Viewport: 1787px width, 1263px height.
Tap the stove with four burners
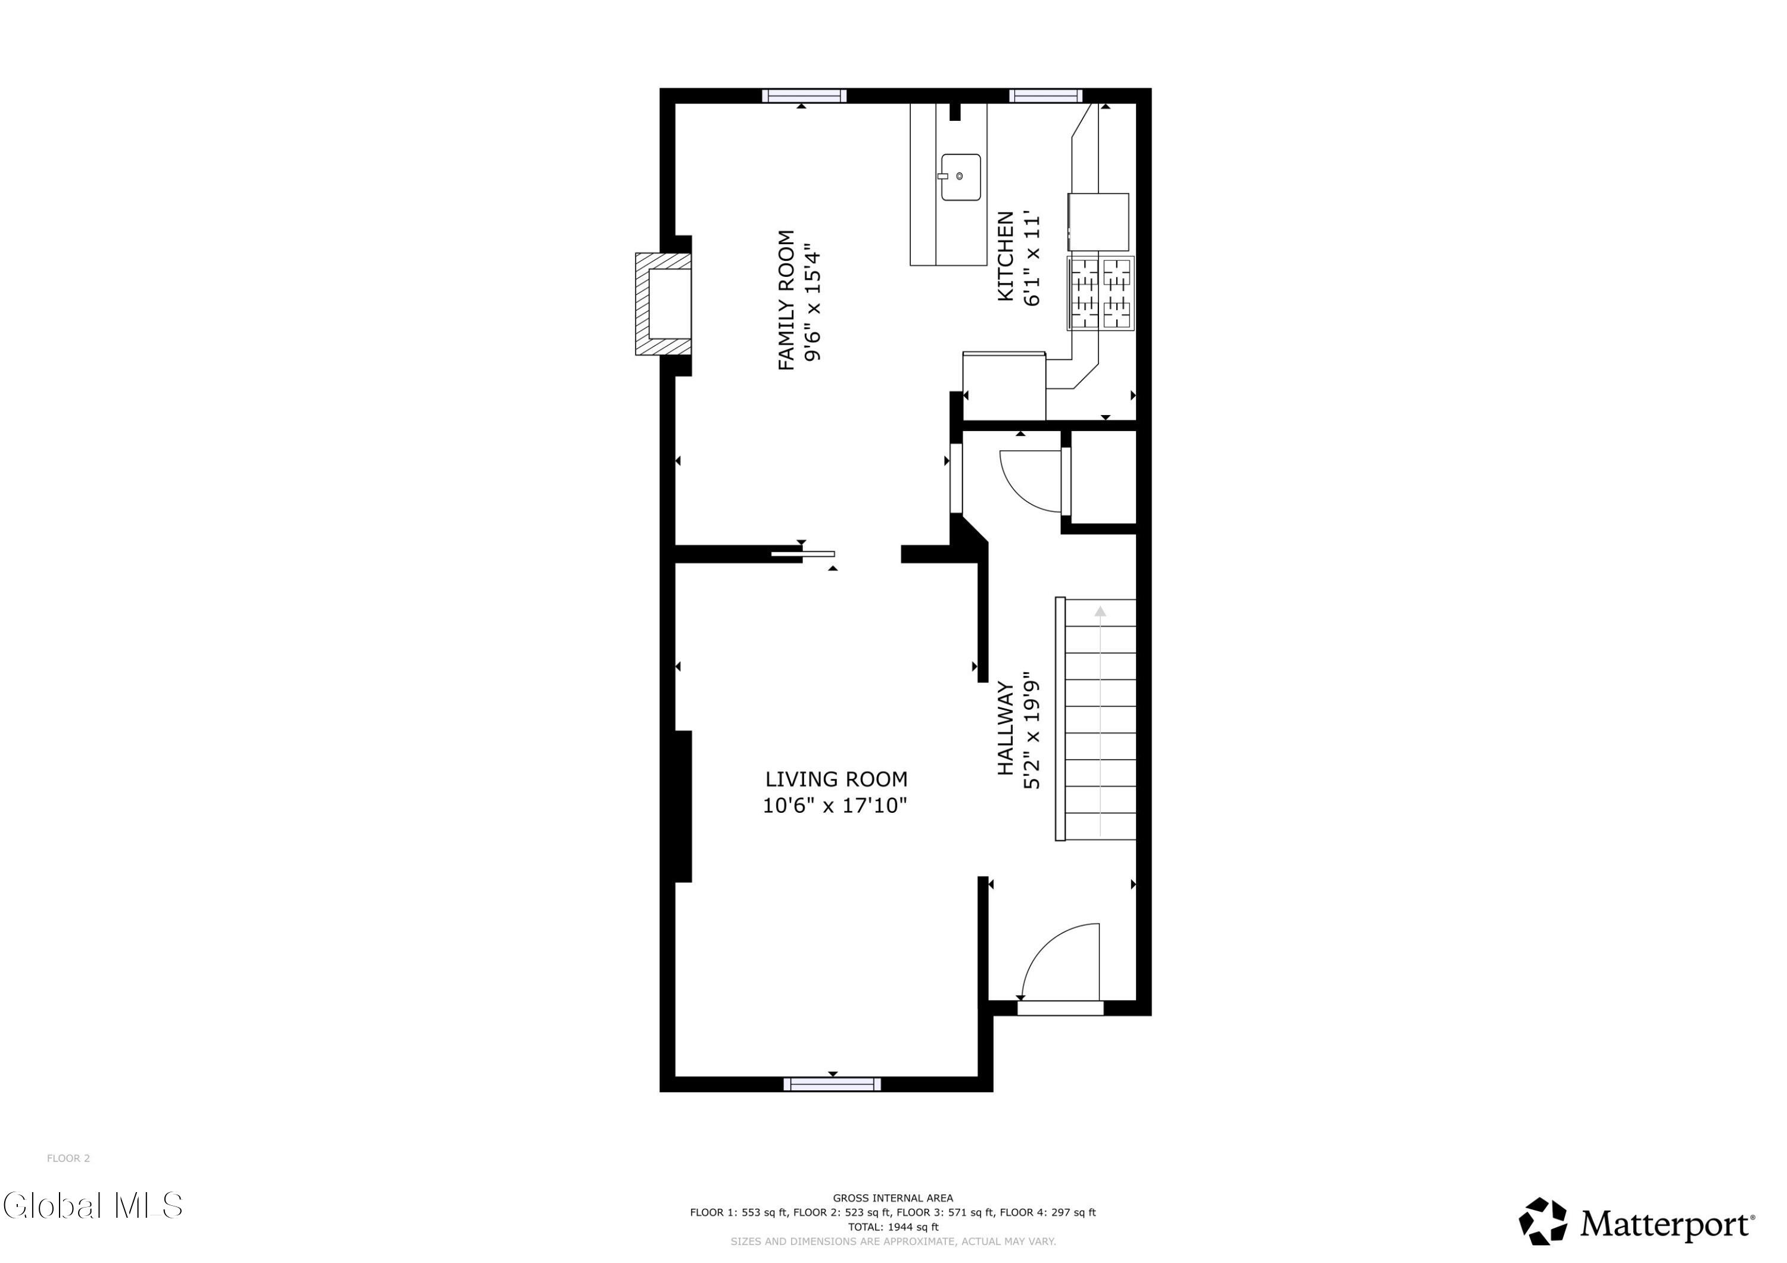tap(1101, 294)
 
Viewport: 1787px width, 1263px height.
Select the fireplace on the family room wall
tap(663, 304)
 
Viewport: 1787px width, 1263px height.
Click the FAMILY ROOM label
tap(787, 300)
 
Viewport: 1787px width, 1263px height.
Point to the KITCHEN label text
tap(1005, 256)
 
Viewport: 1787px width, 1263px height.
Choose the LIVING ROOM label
tap(836, 779)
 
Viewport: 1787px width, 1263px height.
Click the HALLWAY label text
tap(1005, 728)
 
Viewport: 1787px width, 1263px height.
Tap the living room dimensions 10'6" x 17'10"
tap(835, 806)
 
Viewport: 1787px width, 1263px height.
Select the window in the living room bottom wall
tap(832, 1084)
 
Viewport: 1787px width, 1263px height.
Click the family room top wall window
tap(804, 96)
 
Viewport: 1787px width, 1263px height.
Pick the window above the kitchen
tap(1045, 96)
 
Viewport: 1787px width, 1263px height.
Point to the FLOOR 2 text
tap(69, 1158)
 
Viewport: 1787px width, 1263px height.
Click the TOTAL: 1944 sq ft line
tap(893, 1227)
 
